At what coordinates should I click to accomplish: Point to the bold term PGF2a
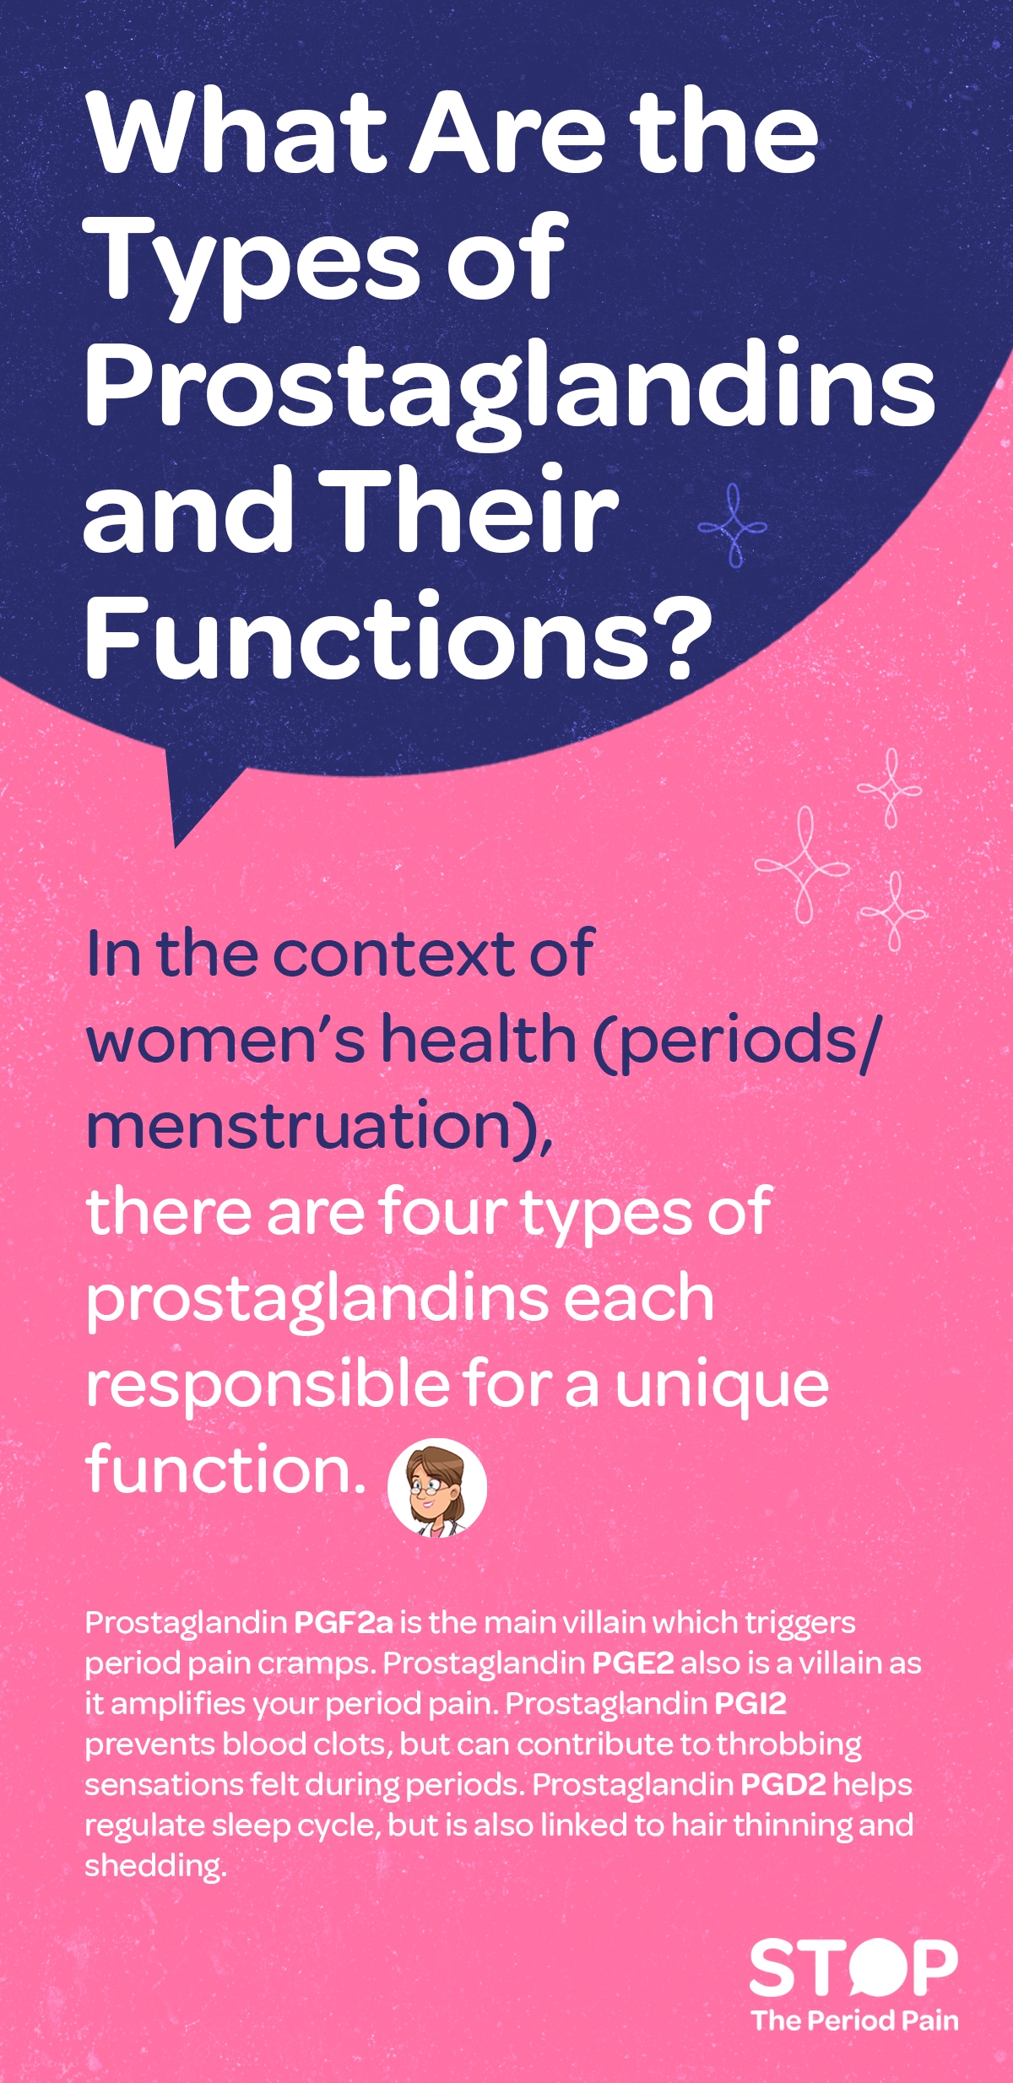point(344,1622)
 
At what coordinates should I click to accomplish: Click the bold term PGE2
point(633,1663)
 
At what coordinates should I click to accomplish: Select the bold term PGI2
point(750,1703)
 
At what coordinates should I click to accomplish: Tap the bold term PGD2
point(783,1784)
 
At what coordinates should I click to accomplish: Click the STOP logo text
point(853,1968)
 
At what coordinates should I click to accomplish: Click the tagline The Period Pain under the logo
point(855,2021)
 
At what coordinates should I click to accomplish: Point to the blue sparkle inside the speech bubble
point(733,525)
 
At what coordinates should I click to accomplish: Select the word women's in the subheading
point(225,1040)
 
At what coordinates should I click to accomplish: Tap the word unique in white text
point(722,1386)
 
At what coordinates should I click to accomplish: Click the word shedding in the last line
point(155,1865)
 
